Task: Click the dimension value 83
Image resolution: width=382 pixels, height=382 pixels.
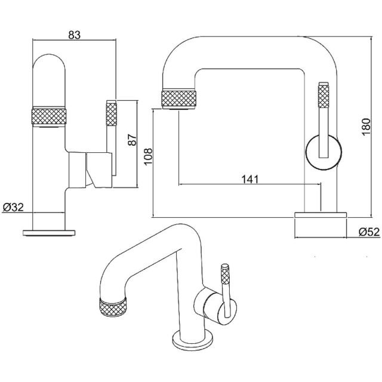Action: (x=74, y=35)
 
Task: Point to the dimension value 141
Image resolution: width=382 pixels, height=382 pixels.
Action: (x=250, y=178)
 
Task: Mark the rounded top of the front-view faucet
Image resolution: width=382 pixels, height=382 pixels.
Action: (x=51, y=63)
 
